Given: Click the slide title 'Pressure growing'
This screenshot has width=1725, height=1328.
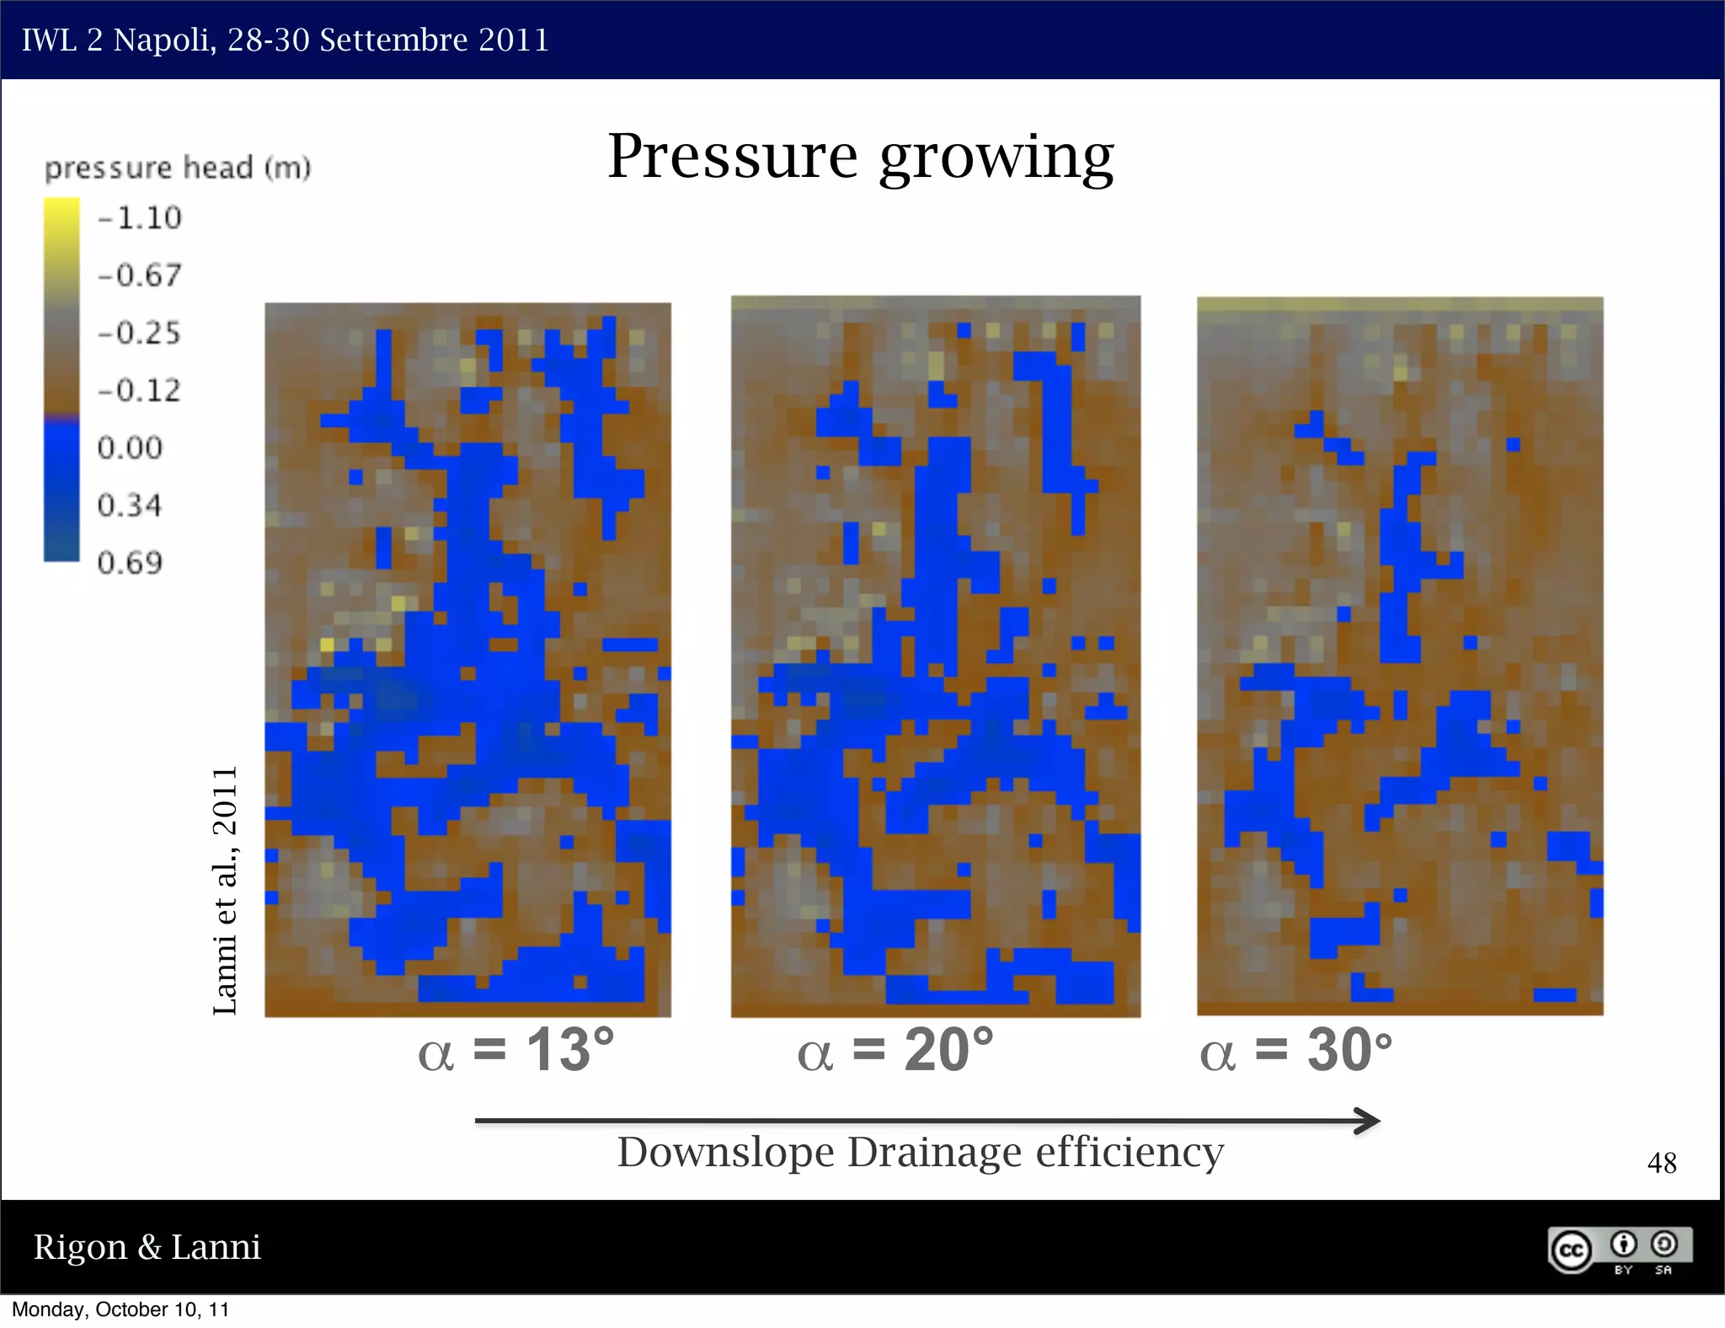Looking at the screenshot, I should coord(860,157).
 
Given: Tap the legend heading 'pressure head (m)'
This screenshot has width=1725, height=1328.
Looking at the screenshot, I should coord(178,168).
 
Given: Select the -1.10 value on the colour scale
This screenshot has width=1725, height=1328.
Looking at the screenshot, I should coord(140,218).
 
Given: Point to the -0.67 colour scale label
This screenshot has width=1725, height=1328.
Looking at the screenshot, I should coord(140,276).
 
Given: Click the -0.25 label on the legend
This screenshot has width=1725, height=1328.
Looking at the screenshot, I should coord(140,333).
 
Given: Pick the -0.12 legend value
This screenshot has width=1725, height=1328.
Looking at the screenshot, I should coord(140,390).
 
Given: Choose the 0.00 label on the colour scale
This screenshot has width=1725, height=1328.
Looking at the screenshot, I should coord(130,447).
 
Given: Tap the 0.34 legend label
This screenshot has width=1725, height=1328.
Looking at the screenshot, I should coord(130,505).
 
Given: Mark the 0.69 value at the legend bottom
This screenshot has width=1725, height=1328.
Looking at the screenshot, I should coord(130,562).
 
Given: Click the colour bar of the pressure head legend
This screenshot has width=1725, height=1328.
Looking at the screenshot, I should coord(61,379).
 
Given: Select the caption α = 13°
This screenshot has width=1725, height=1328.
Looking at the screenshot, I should coord(516,1050).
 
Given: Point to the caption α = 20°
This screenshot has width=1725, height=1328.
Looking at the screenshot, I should coord(895,1050).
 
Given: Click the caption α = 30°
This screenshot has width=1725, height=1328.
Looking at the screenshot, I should coord(1295,1050).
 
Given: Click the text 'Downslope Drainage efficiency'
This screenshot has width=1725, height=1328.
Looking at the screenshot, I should coord(920,1153).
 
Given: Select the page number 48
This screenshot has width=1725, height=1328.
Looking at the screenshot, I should coord(1661,1163).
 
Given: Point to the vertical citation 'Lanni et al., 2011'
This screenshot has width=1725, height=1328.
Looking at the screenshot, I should coord(225,890).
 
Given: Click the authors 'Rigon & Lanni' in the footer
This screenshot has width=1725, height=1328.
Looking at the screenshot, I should coord(147,1247).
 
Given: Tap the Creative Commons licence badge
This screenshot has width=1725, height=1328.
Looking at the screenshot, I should coord(1619,1250).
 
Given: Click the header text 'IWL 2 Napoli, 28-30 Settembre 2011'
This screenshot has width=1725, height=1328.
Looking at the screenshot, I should coord(286,40).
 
